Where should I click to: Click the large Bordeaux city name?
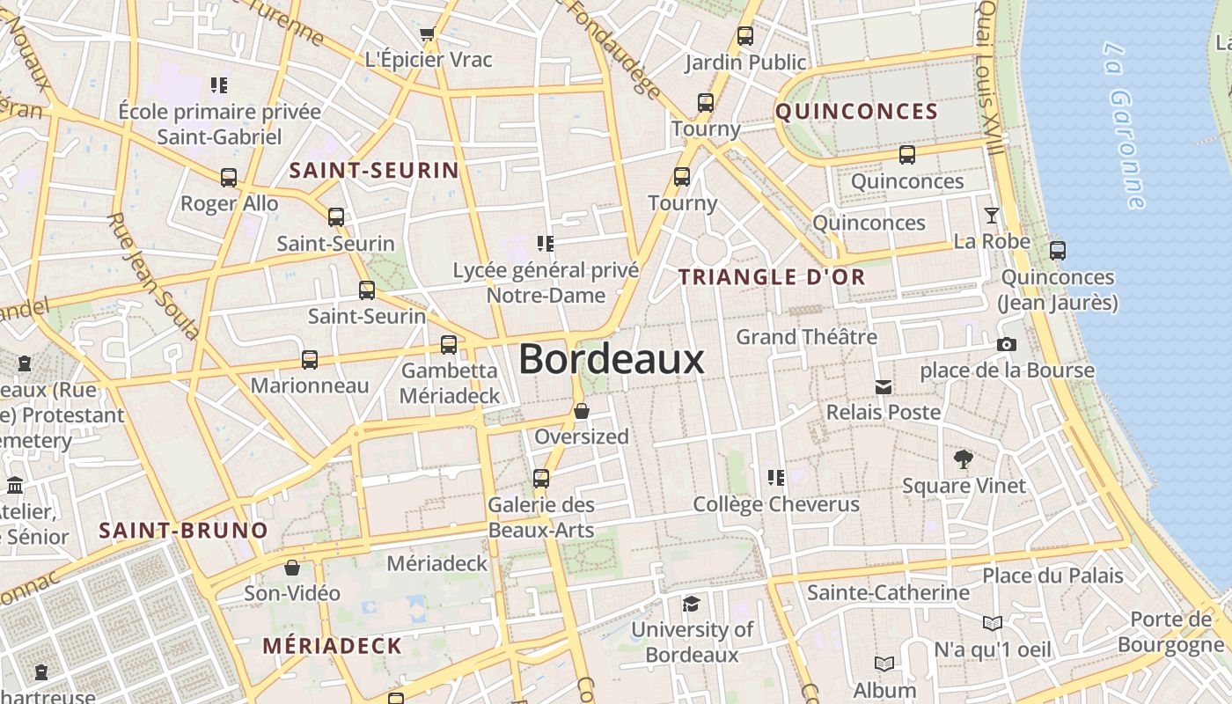click(x=611, y=359)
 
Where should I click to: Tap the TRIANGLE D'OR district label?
click(x=772, y=277)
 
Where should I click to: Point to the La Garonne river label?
click(x=1124, y=123)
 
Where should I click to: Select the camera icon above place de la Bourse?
click(x=1007, y=344)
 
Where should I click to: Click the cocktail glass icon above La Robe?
click(x=992, y=215)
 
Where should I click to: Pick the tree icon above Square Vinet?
click(x=963, y=458)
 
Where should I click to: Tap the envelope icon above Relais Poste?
click(x=883, y=386)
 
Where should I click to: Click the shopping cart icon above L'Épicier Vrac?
click(x=428, y=34)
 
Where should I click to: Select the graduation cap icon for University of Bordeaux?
click(x=692, y=604)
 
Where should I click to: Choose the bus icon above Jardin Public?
click(x=745, y=36)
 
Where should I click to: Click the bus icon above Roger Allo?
click(x=229, y=178)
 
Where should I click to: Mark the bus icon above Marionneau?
click(x=310, y=359)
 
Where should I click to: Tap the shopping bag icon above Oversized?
click(x=582, y=411)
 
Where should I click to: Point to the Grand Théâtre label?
click(x=806, y=337)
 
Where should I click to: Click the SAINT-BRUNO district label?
click(x=183, y=531)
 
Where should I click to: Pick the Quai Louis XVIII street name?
click(x=989, y=77)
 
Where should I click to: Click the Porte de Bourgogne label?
click(x=1170, y=632)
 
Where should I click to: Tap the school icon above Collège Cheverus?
click(x=775, y=478)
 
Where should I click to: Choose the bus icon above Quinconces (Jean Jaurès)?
click(x=1058, y=251)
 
